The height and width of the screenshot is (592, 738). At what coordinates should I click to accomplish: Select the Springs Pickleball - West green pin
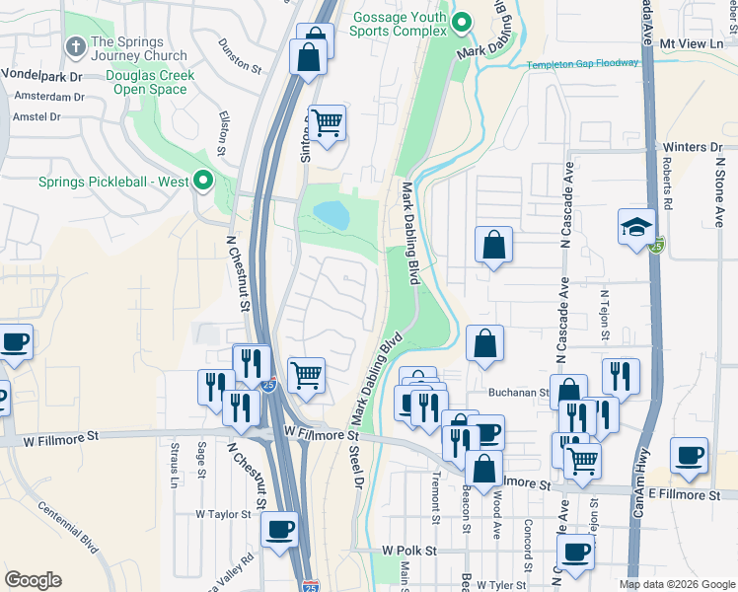(203, 181)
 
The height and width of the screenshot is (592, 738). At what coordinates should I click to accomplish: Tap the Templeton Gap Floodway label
(582, 63)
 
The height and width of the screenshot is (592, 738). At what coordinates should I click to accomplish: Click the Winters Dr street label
(693, 147)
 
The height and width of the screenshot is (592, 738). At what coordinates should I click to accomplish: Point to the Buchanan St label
(518, 392)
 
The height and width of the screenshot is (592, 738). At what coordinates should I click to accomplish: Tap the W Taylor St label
(224, 514)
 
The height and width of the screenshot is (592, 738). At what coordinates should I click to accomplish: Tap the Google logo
(33, 580)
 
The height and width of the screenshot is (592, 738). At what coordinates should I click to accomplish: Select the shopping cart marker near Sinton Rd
(327, 123)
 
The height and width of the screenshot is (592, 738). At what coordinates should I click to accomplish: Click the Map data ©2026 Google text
(676, 584)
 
